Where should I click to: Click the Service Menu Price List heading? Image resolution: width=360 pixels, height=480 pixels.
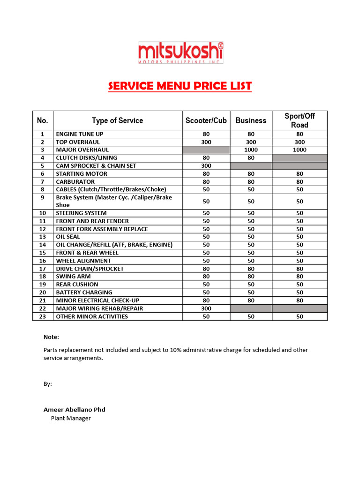click(180, 86)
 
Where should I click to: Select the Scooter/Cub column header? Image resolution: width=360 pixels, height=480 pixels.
click(206, 120)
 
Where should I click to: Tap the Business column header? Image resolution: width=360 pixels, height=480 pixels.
click(251, 120)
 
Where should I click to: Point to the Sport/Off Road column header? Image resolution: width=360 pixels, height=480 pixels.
click(300, 120)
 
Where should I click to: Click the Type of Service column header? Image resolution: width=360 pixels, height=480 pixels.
click(117, 120)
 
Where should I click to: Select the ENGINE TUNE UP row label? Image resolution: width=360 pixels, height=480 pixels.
click(80, 134)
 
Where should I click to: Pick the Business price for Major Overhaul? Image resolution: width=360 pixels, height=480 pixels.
click(251, 150)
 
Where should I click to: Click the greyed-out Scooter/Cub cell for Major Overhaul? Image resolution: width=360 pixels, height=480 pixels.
click(206, 150)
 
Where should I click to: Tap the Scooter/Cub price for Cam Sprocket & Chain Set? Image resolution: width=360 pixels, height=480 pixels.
click(206, 166)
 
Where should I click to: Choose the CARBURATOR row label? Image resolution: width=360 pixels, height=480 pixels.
click(75, 182)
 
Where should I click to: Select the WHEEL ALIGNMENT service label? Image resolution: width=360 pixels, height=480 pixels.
click(83, 261)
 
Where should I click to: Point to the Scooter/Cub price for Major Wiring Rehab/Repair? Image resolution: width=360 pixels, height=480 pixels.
click(206, 308)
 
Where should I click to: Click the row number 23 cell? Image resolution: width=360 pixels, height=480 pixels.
click(43, 316)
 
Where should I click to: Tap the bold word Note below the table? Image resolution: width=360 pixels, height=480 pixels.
click(52, 337)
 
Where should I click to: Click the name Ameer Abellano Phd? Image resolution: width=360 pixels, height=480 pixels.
click(75, 409)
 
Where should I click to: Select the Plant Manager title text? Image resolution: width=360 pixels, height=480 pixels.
click(71, 418)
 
